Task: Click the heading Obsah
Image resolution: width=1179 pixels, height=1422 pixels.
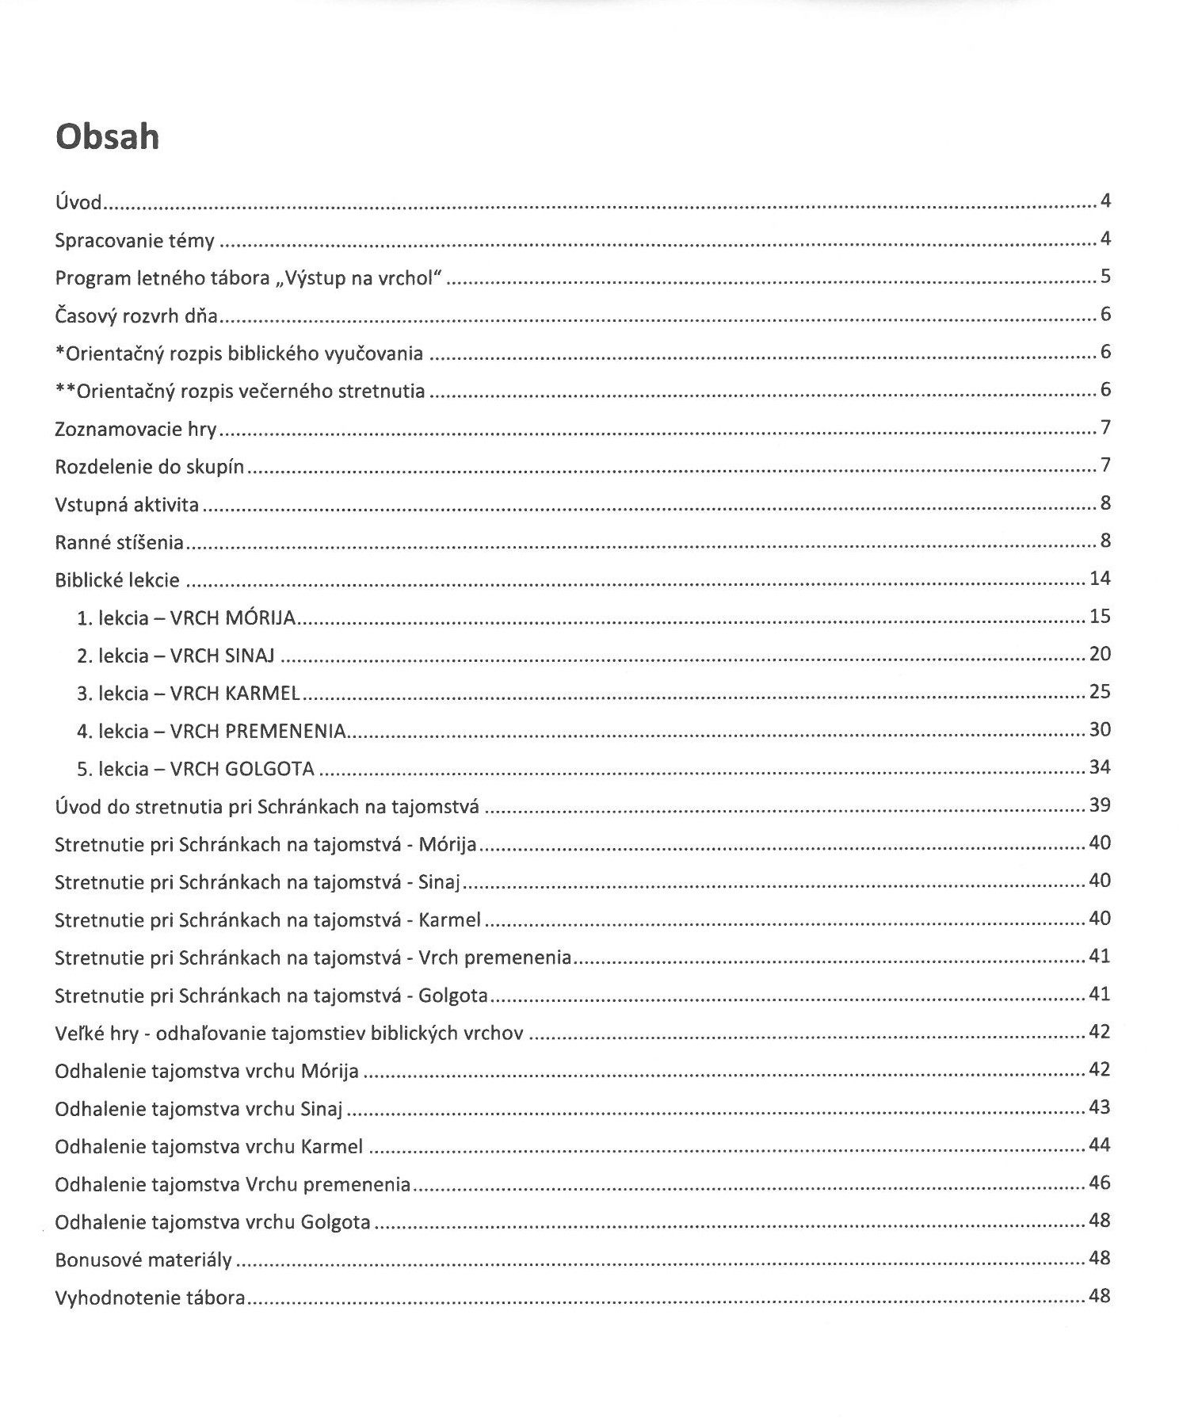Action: pyautogui.click(x=107, y=137)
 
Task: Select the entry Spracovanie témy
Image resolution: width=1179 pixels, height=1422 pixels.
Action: pyautogui.click(x=135, y=240)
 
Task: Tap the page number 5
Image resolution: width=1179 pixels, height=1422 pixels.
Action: pyautogui.click(x=1105, y=277)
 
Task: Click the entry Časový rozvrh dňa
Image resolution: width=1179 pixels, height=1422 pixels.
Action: pyautogui.click(x=136, y=316)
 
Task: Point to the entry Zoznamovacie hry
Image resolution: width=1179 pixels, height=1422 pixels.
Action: pyautogui.click(x=135, y=430)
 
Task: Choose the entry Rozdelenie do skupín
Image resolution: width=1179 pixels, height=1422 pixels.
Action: pyautogui.click(x=149, y=467)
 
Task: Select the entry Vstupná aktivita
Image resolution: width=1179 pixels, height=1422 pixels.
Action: pyautogui.click(x=127, y=505)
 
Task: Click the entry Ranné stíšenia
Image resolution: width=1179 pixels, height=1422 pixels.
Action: pyautogui.click(x=119, y=543)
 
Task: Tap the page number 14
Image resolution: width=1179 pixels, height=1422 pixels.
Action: pyautogui.click(x=1100, y=579)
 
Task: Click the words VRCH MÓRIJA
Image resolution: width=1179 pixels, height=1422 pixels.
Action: pyautogui.click(x=233, y=618)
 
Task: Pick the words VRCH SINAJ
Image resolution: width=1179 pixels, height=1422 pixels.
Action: pyautogui.click(x=223, y=656)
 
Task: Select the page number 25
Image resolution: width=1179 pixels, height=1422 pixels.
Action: pyautogui.click(x=1100, y=692)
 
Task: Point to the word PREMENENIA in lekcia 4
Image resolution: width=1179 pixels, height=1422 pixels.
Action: pyautogui.click(x=286, y=732)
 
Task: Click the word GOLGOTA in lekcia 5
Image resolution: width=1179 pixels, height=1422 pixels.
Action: pyautogui.click(x=269, y=770)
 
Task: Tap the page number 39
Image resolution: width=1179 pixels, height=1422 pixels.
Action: pyautogui.click(x=1100, y=805)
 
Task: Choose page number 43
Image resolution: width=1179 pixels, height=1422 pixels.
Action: pyautogui.click(x=1100, y=1107)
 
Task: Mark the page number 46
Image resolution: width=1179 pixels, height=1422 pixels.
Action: pyautogui.click(x=1100, y=1183)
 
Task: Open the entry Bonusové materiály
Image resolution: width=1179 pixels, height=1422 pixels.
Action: pyautogui.click(x=143, y=1260)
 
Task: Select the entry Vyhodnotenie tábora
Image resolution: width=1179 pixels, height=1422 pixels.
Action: pyautogui.click(x=150, y=1298)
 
